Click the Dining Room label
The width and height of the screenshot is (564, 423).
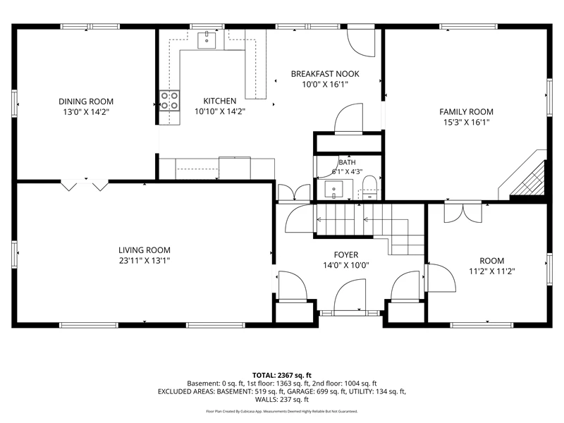[x=86, y=102]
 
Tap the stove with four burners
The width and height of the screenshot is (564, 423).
[x=169, y=100]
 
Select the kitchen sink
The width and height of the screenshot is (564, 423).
[x=207, y=40]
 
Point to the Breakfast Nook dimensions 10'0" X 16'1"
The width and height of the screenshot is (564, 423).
[x=325, y=85]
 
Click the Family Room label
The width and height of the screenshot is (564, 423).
[x=466, y=112]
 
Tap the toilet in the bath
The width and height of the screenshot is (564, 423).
[x=369, y=187]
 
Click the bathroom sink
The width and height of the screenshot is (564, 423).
[x=333, y=190]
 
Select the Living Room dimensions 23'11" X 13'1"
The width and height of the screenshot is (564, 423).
[x=145, y=261]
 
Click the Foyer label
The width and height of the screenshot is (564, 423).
[x=346, y=255]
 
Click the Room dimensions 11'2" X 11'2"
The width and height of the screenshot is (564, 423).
[x=491, y=271]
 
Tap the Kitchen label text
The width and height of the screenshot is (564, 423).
[x=220, y=101]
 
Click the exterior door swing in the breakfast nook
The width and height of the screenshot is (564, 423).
[x=361, y=42]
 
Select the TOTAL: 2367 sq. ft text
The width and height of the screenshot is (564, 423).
[x=281, y=376]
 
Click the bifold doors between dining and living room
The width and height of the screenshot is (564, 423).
[x=85, y=185]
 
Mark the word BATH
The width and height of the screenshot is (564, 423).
[x=347, y=163]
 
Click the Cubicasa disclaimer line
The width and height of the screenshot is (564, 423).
[x=281, y=411]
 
